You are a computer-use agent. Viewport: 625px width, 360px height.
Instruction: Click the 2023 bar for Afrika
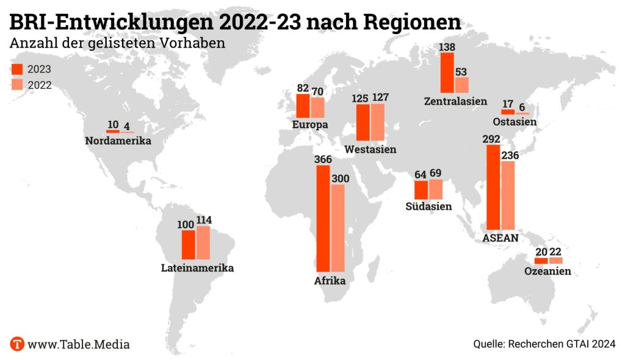pyautogui.click(x=323, y=218)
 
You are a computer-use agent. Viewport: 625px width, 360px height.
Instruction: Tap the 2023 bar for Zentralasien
pyautogui.click(x=447, y=73)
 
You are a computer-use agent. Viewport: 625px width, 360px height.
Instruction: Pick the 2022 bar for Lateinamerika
pyautogui.click(x=203, y=242)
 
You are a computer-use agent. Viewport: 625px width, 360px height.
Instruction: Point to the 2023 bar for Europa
pyautogui.click(x=303, y=106)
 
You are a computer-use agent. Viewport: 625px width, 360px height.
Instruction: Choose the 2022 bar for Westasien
pyautogui.click(x=378, y=122)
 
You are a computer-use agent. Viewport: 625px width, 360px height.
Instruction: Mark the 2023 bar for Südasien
pyautogui.click(x=421, y=190)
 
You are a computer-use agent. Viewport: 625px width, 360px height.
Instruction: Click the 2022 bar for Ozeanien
pyautogui.click(x=555, y=261)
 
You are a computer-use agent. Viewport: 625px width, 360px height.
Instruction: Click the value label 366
pyautogui.click(x=323, y=159)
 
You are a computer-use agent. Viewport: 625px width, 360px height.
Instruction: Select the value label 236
pyautogui.click(x=509, y=156)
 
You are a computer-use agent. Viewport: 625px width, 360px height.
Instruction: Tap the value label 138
pyautogui.click(x=447, y=47)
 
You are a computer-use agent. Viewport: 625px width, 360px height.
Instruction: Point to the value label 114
pyautogui.click(x=203, y=221)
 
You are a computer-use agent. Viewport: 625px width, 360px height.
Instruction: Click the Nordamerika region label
pyautogui.click(x=118, y=142)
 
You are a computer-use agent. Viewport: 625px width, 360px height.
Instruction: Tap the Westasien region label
pyautogui.click(x=370, y=149)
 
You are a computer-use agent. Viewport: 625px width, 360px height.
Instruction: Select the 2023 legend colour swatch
pyautogui.click(x=17, y=69)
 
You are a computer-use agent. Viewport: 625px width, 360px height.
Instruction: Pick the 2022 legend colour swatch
pyautogui.click(x=17, y=85)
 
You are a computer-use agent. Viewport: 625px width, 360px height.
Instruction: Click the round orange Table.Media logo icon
pyautogui.click(x=18, y=344)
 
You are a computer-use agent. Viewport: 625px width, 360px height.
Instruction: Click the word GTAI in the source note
pyautogui.click(x=579, y=344)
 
